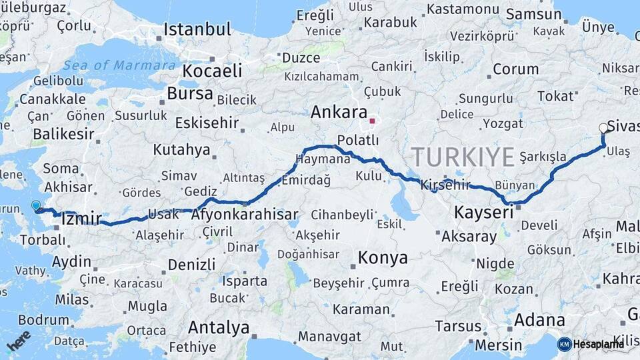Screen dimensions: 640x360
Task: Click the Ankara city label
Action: coord(339,112)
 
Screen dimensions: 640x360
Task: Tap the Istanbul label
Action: coord(197,29)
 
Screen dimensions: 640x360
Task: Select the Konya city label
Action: coord(382,257)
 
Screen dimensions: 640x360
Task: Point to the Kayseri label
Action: coord(483,213)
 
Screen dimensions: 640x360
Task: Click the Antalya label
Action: coord(219,327)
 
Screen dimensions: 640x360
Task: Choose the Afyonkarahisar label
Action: coord(244,215)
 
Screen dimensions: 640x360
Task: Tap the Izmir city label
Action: coord(81,218)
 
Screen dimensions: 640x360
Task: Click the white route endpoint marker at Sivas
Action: coord(603,128)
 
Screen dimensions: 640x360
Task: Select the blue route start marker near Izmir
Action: coord(36,206)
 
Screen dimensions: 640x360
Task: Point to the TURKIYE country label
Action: coord(463,157)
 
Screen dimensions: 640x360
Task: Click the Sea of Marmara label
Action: coord(121,65)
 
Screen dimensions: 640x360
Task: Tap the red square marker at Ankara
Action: coord(373,122)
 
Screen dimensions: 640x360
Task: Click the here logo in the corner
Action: coord(19,341)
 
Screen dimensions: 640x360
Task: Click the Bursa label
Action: coord(190,93)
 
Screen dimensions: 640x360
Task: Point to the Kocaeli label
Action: coord(212,71)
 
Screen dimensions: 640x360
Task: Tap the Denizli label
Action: coord(191,264)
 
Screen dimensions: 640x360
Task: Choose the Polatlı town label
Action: coord(358,140)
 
